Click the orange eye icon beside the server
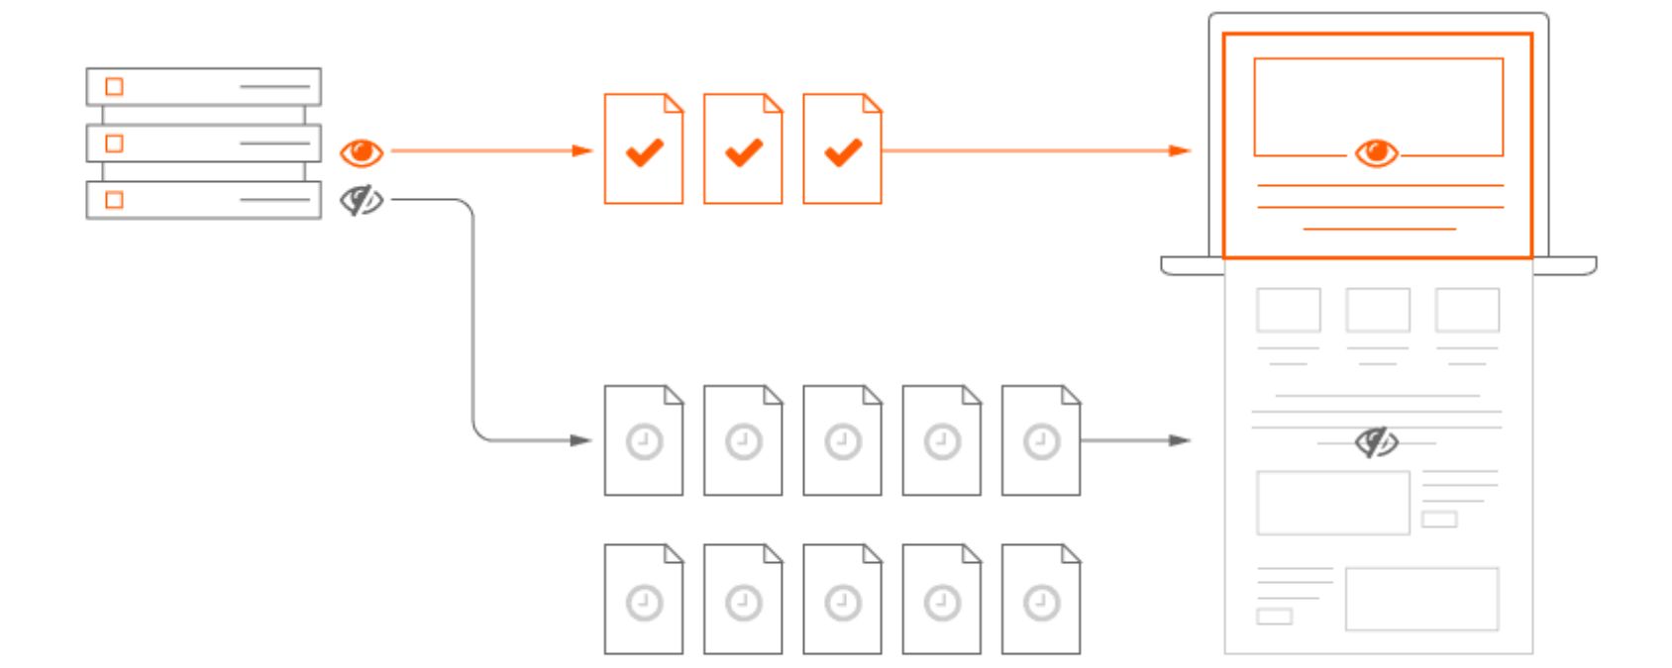tap(362, 152)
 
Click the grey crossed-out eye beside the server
tap(362, 201)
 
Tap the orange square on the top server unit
tap(114, 86)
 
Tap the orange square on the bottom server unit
tap(114, 200)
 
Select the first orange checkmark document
tap(644, 149)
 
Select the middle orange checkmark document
tap(743, 149)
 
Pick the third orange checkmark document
tap(842, 149)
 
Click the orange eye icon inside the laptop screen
tap(1377, 152)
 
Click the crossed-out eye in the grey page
tap(1377, 442)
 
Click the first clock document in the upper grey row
tap(644, 440)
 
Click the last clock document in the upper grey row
tap(1041, 440)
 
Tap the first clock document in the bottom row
tap(644, 600)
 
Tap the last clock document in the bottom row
tap(1041, 600)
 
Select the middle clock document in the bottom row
tap(842, 600)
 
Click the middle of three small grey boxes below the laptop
tap(1378, 310)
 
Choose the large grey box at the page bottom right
tap(1421, 599)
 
